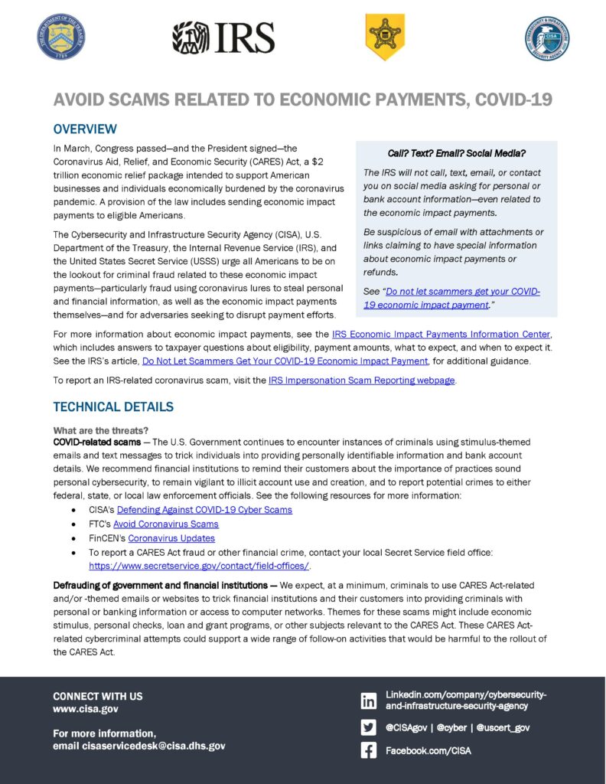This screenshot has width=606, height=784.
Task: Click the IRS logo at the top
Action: [x=223, y=37]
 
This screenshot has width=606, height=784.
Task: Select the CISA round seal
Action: [x=547, y=37]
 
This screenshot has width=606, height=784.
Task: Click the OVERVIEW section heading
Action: [x=85, y=129]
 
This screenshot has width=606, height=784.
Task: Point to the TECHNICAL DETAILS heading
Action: [x=113, y=407]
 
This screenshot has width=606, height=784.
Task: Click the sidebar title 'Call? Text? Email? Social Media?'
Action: [x=456, y=154]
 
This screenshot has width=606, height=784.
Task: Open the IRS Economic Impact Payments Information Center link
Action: [x=441, y=335]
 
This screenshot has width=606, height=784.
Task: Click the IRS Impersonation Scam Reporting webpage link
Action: [x=362, y=381]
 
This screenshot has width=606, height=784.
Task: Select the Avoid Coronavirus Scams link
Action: [x=166, y=524]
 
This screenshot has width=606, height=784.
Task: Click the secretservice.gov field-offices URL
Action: [x=199, y=566]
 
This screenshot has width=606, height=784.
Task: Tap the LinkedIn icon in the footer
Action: [x=369, y=701]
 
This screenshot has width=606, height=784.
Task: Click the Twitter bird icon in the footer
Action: [x=369, y=727]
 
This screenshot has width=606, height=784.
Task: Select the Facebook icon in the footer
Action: [x=369, y=751]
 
